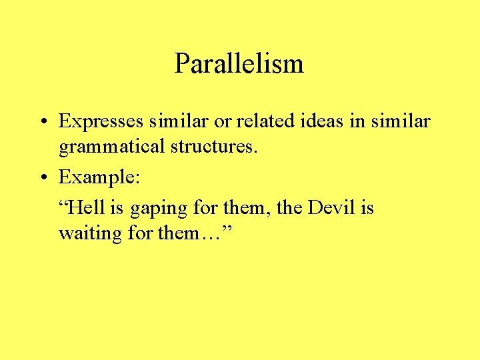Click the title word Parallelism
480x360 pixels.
[x=239, y=64]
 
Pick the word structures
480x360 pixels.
[x=213, y=146]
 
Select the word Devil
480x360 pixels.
[x=331, y=208]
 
